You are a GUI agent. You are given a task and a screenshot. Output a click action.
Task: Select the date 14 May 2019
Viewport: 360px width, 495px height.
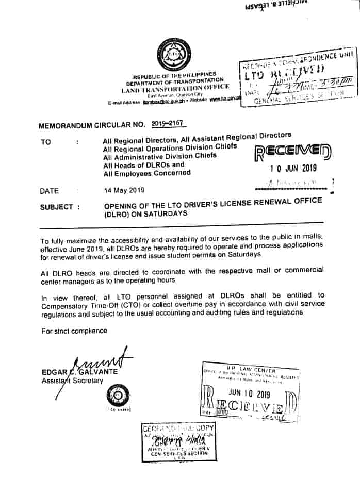click(124, 190)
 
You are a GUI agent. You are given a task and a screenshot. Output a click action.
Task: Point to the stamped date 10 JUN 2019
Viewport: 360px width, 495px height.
click(293, 168)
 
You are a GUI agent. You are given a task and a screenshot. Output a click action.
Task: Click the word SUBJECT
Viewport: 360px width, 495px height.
click(57, 207)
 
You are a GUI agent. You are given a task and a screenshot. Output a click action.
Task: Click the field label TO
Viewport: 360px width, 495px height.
click(46, 141)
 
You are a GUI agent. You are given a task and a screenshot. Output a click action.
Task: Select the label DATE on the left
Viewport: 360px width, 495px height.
click(49, 191)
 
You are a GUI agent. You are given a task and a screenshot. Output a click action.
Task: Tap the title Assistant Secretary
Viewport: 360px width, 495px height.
click(72, 381)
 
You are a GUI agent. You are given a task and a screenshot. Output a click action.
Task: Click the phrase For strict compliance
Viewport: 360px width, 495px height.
click(75, 331)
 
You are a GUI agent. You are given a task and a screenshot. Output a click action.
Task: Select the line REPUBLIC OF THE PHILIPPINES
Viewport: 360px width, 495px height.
click(174, 75)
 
